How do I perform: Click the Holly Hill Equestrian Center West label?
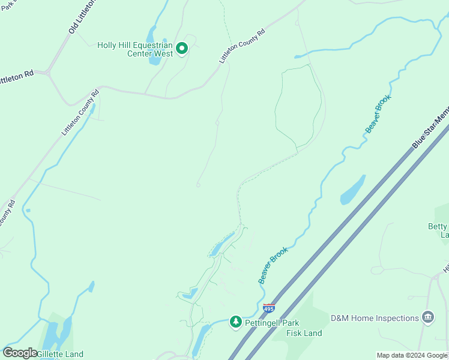[135, 49]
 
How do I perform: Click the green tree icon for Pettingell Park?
[236, 322]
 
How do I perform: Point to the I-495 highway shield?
[270, 308]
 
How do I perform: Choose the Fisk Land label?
[304, 333]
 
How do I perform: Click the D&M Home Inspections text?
[374, 318]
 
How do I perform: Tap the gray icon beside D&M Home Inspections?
[427, 317]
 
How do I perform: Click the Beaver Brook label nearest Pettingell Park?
[273, 265]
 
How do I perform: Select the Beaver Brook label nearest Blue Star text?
[378, 113]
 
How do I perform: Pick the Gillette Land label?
[60, 354]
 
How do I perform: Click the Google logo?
[20, 353]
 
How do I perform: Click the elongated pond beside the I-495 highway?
[352, 190]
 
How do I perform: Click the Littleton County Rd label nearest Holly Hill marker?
[242, 46]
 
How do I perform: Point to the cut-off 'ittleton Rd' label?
[17, 77]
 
